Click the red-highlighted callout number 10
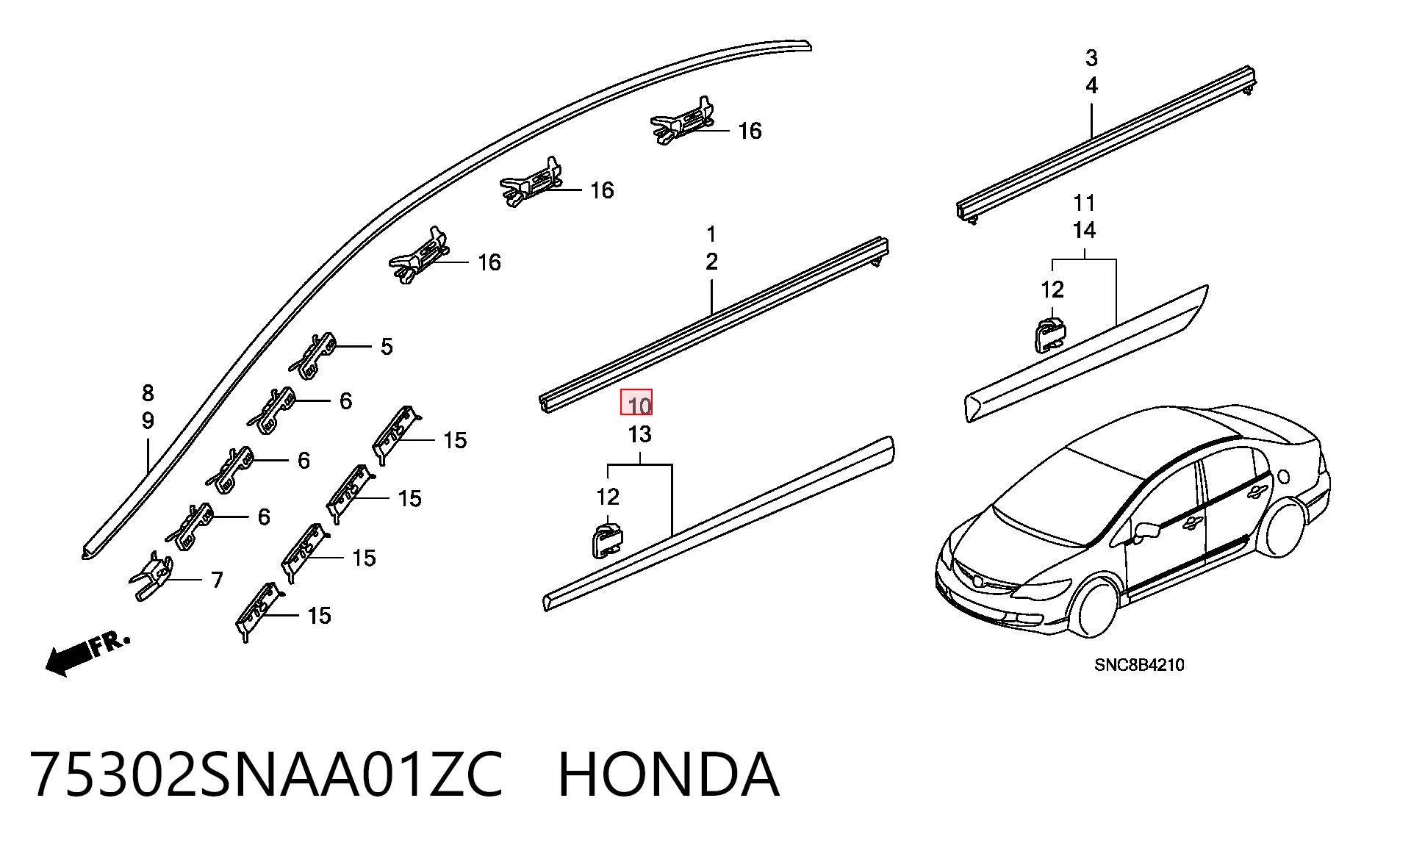coord(639,405)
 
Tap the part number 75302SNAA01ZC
coord(267,774)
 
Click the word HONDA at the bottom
coord(668,774)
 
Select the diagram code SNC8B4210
coord(1139,665)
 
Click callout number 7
coord(217,580)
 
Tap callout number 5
coord(387,346)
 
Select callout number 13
coord(639,434)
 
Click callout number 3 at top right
coord(1091,57)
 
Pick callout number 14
coord(1084,230)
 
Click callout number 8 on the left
coord(148,393)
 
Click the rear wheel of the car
coord(1285,527)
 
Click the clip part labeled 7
coord(154,575)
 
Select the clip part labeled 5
coord(314,355)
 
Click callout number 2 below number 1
coord(711,262)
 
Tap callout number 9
coord(148,421)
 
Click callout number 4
coord(1091,86)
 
